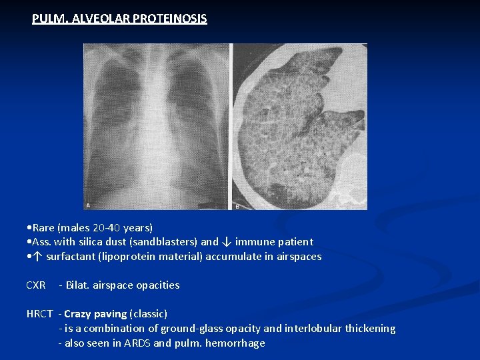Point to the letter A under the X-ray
click(x=89, y=205)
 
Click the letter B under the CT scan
click(x=237, y=206)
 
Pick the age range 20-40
click(x=107, y=227)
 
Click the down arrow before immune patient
click(x=226, y=242)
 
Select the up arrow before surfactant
click(x=37, y=257)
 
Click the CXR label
click(x=36, y=285)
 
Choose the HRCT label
click(x=39, y=313)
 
